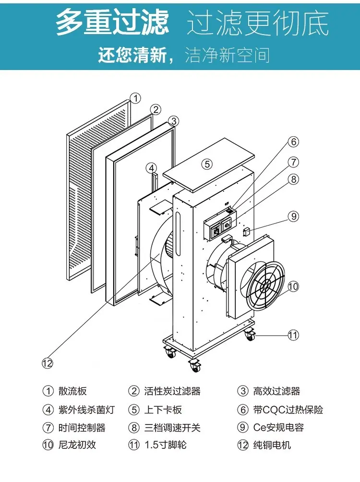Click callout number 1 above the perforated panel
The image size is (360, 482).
tap(135, 98)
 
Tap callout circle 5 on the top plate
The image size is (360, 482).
tap(207, 164)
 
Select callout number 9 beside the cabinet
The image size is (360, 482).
tap(294, 216)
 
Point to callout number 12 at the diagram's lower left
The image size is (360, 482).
tap(48, 364)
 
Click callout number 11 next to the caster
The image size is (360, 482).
tap(293, 335)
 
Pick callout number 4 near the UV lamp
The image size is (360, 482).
tap(151, 168)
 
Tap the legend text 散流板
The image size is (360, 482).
tap(72, 391)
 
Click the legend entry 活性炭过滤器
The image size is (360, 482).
tap(172, 391)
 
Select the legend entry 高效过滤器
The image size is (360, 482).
tap(276, 391)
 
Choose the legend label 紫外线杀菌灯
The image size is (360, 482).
tap(86, 410)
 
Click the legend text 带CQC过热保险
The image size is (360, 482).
tap(288, 410)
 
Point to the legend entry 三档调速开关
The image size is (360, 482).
tap(172, 428)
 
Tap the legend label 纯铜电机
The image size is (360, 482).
tap(272, 445)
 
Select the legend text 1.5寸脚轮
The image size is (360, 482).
tap(166, 445)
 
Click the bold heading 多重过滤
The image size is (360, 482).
tap(113, 22)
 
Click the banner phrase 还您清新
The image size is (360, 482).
tap(132, 55)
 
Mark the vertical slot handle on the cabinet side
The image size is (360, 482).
tap(178, 233)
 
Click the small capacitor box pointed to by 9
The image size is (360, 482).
tap(246, 232)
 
